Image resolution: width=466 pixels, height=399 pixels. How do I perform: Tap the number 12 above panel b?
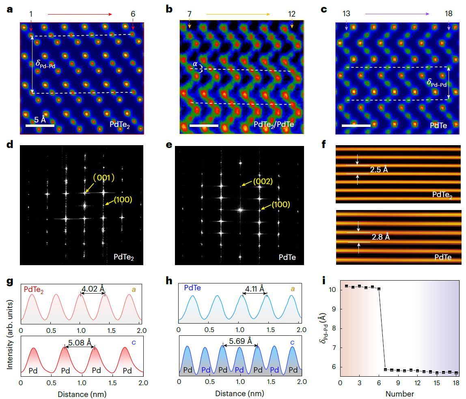pos(292,14)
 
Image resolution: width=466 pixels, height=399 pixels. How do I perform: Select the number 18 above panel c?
pos(449,14)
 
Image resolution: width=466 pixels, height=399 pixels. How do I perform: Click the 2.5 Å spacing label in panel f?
pos(379,169)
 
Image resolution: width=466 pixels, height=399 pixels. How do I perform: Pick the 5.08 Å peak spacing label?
pos(80,342)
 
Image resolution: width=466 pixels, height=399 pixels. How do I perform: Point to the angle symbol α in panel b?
pos(195,64)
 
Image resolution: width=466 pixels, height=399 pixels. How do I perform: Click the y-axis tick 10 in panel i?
pos(332,290)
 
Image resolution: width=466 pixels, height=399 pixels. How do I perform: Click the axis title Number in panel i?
pos(399,394)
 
